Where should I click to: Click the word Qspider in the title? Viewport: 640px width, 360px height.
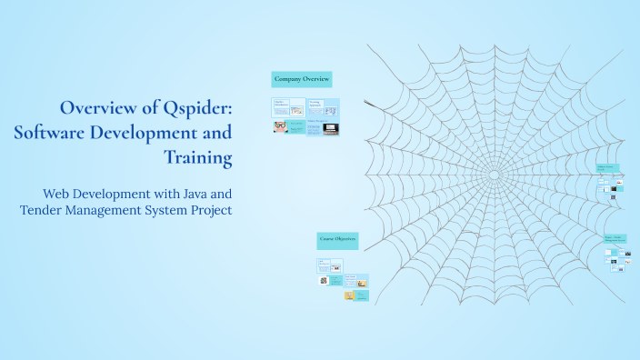(197, 108)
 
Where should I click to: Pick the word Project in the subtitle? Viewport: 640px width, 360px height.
(207, 211)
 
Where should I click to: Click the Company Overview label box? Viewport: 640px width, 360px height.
(302, 79)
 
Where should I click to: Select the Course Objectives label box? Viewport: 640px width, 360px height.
(337, 240)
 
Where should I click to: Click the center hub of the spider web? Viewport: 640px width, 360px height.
(494, 173)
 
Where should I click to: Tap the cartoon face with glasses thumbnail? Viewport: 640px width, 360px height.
(281, 128)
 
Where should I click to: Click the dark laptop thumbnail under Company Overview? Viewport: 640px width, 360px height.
(330, 129)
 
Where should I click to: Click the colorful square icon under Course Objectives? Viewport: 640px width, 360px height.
(323, 281)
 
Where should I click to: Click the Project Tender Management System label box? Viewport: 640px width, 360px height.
(615, 239)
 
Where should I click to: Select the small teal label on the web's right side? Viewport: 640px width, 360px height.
(607, 167)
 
